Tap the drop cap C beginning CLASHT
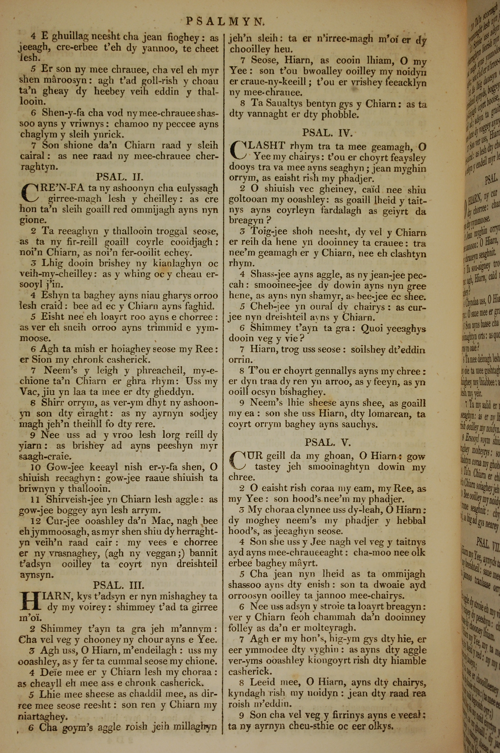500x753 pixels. pyautogui.click(x=238, y=151)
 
